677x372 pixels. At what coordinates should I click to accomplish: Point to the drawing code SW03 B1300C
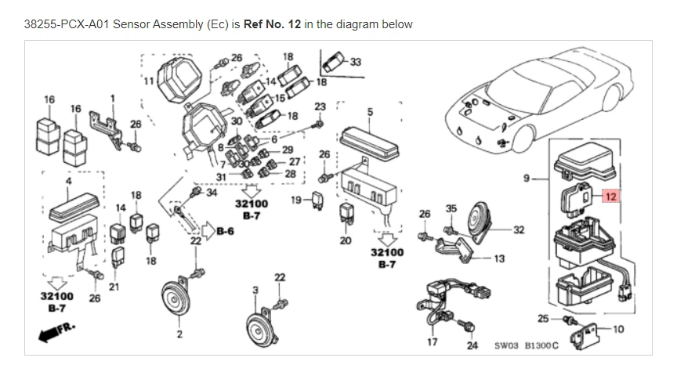tap(526, 345)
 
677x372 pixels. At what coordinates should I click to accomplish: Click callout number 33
tap(356, 63)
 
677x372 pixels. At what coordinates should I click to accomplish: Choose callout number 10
tap(618, 329)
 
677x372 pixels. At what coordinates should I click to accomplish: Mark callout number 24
tap(472, 345)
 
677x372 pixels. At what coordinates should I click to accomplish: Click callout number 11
tap(147, 80)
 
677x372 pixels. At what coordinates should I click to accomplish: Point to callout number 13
tap(500, 258)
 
